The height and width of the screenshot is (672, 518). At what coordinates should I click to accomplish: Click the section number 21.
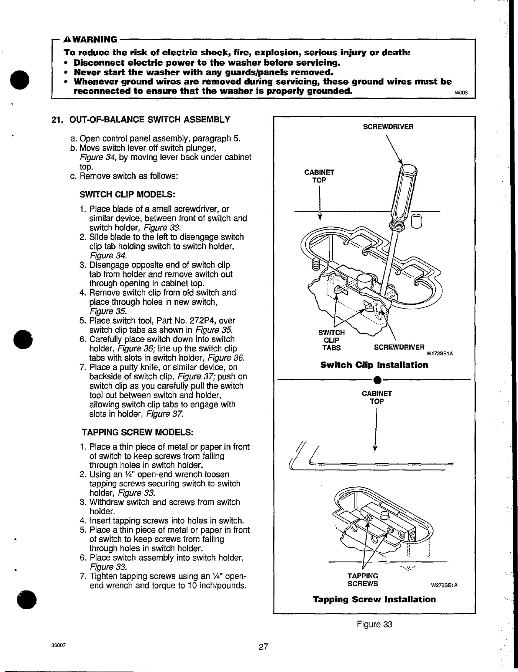(57, 120)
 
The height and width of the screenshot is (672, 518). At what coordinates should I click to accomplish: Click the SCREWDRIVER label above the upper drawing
(388, 127)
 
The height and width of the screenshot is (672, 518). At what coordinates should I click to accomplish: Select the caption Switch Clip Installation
(374, 365)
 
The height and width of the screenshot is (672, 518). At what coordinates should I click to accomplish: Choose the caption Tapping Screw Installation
(374, 599)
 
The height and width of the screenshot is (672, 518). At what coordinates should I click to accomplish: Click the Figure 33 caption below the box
(374, 624)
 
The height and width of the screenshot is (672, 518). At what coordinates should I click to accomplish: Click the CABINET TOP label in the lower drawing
(377, 397)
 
